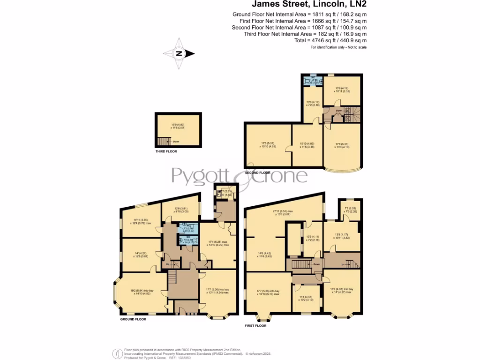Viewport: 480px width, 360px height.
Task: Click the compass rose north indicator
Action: pyautogui.click(x=178, y=53)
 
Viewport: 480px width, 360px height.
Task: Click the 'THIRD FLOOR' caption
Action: pyautogui.click(x=166, y=151)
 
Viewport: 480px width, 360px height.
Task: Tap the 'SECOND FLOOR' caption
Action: pyautogui.click(x=257, y=172)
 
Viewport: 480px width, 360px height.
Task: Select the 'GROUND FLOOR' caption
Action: pyautogui.click(x=133, y=319)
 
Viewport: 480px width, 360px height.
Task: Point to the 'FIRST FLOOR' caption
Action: pyautogui.click(x=255, y=325)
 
